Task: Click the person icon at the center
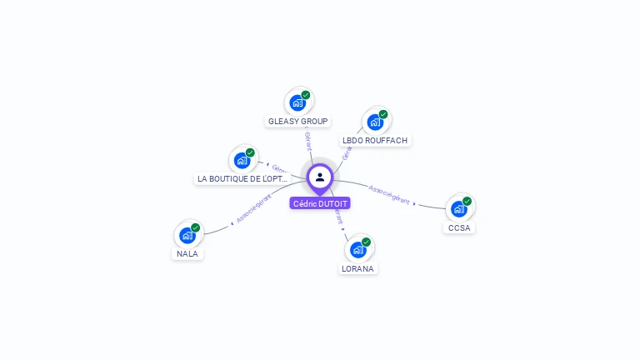click(320, 177)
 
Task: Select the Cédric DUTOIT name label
click(320, 203)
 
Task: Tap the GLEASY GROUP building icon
click(297, 103)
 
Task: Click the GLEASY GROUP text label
click(297, 122)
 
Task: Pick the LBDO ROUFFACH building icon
click(375, 122)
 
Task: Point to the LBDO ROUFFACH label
click(375, 141)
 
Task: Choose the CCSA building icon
click(458, 209)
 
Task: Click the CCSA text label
click(459, 227)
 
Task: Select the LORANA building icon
click(358, 250)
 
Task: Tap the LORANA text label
click(358, 268)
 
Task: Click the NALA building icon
click(187, 236)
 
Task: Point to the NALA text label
click(187, 254)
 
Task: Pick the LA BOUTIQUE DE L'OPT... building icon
click(242, 161)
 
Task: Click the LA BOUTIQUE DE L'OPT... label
click(242, 179)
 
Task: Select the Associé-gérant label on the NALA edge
click(254, 207)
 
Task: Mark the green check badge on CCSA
click(467, 201)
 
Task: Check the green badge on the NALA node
click(196, 227)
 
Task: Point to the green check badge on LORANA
click(367, 242)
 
